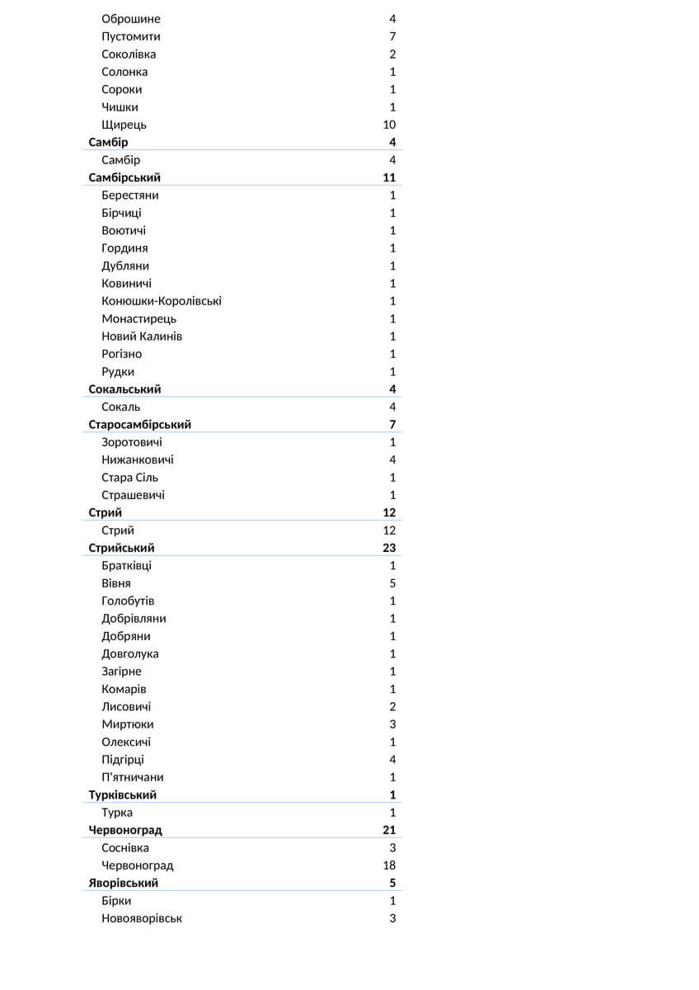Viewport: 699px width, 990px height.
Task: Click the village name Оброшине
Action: click(131, 19)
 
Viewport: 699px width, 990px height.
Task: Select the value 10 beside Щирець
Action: click(389, 125)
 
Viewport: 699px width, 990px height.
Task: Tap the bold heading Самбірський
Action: click(124, 177)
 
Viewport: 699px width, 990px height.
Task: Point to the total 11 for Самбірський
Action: click(389, 177)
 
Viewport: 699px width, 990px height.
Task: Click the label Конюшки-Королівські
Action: click(162, 301)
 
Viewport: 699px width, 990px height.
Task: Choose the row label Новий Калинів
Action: click(142, 337)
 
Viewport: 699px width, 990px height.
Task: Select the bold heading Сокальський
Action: click(124, 389)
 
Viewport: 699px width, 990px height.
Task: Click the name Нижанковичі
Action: click(138, 460)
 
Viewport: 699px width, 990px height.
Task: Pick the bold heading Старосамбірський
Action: click(140, 425)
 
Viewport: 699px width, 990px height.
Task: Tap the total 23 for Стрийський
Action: click(389, 548)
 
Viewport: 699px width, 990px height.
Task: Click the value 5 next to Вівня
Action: click(392, 583)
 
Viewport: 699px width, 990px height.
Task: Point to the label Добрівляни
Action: click(134, 619)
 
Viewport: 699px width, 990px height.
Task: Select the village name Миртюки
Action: click(127, 724)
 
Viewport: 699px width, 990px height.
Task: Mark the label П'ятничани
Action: click(133, 777)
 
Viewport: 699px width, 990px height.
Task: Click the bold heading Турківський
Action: click(123, 795)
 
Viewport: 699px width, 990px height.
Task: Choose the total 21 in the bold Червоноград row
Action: click(389, 830)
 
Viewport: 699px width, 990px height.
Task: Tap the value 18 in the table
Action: click(389, 865)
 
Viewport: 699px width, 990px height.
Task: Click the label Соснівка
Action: click(125, 848)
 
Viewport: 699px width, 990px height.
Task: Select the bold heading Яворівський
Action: click(124, 884)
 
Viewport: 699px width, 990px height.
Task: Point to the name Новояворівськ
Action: click(142, 918)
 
